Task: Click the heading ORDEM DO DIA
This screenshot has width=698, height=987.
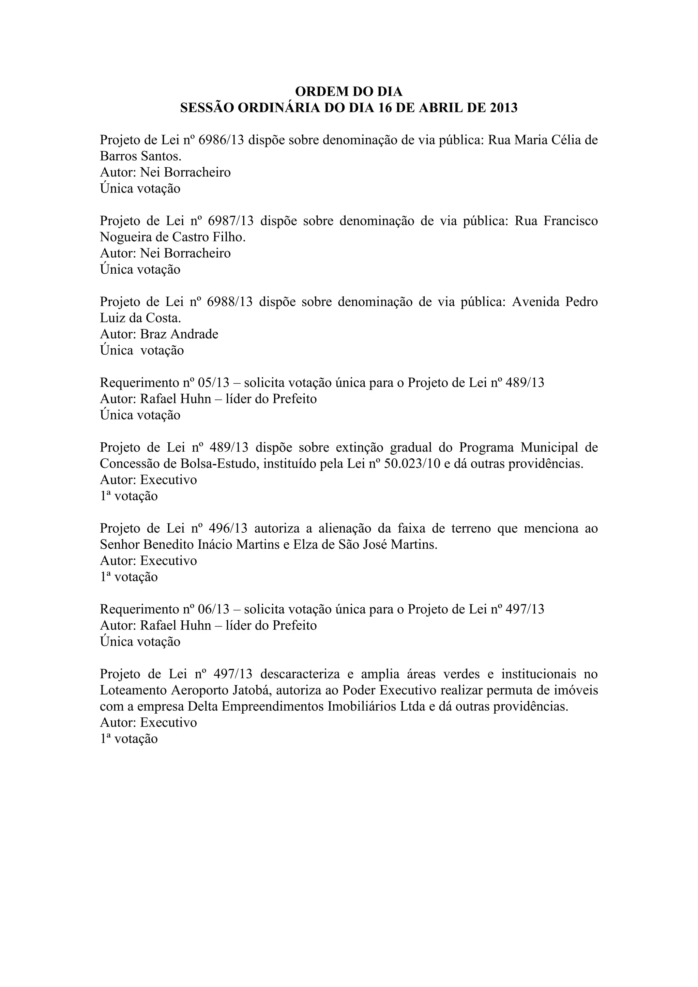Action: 349,92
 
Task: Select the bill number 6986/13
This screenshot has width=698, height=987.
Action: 224,140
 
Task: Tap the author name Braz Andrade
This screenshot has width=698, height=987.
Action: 179,334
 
